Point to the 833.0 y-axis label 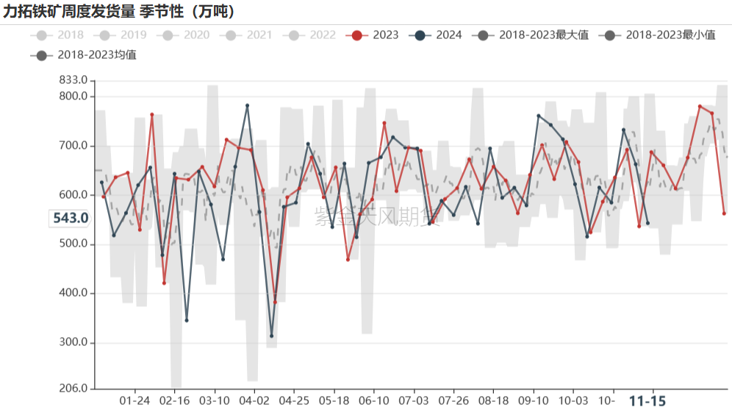pos(73,80)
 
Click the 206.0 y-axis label pos(73,389)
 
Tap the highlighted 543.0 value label pos(71,218)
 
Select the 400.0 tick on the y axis pos(73,293)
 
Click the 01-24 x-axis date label pos(134,400)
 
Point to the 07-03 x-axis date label pos(413,400)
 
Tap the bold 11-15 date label pos(647,400)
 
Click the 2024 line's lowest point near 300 pos(272,336)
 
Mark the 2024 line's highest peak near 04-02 pos(247,105)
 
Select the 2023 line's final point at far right pos(724,213)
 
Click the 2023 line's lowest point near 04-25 pos(275,302)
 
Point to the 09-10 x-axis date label pos(534,400)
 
